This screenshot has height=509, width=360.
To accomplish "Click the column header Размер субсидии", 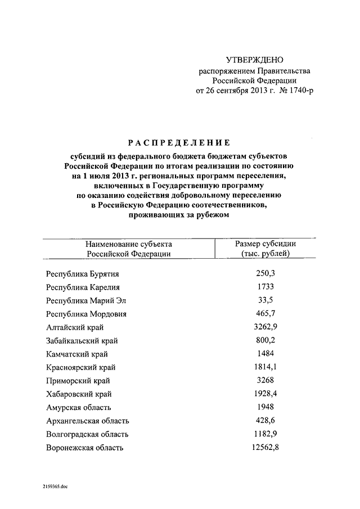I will click(265, 244).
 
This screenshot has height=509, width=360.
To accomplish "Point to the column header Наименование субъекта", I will click(129, 244).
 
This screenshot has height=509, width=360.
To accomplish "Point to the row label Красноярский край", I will click(81, 367).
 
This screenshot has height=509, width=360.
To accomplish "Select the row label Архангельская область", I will click(88, 421).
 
